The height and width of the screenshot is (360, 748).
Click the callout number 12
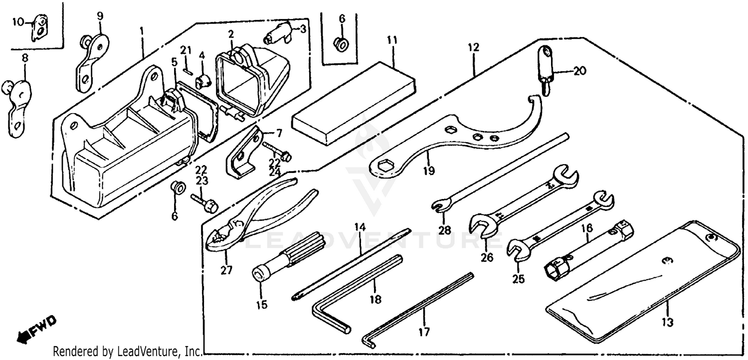click(x=473, y=48)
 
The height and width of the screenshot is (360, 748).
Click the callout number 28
click(x=444, y=230)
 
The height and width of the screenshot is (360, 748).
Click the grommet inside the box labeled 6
click(x=342, y=43)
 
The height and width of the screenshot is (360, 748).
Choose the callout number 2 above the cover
click(x=231, y=34)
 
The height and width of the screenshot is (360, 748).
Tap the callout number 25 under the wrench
click(x=518, y=279)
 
